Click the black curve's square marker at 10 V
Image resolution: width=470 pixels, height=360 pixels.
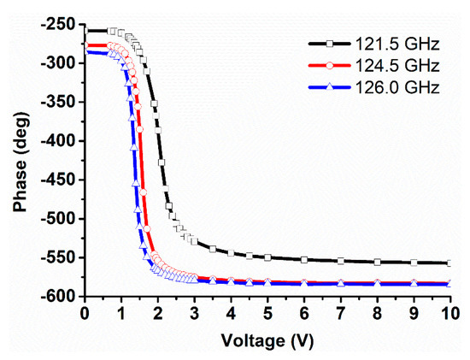click(x=450, y=263)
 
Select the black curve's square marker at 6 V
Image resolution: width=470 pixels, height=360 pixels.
click(x=304, y=260)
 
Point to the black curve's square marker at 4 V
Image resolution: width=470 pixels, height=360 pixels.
click(x=231, y=253)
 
